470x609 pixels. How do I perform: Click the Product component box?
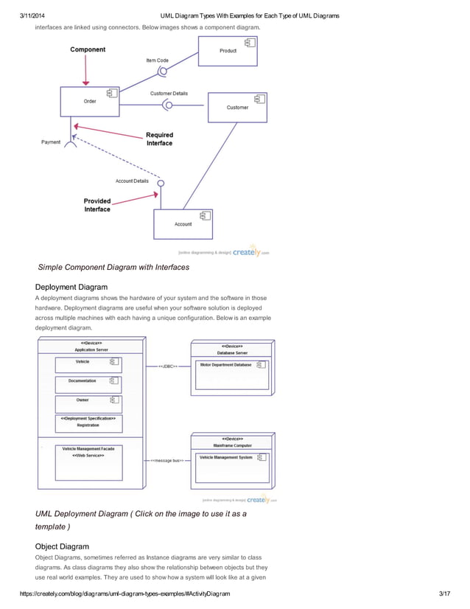(228, 52)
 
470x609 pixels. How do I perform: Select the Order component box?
(90, 102)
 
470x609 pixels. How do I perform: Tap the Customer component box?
(237, 108)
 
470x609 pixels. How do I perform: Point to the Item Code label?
(157, 60)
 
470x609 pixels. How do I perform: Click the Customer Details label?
(169, 94)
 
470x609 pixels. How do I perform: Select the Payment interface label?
(51, 142)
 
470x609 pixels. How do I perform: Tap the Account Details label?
(132, 181)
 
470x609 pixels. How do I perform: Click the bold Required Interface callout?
(159, 139)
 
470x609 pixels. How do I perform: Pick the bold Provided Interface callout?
(97, 205)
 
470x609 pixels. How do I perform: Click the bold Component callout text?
(88, 50)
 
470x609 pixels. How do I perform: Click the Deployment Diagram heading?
(71, 287)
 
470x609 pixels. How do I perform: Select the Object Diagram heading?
(62, 546)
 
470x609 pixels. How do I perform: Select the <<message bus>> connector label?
(167, 461)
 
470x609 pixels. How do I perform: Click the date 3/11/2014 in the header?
(33, 15)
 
